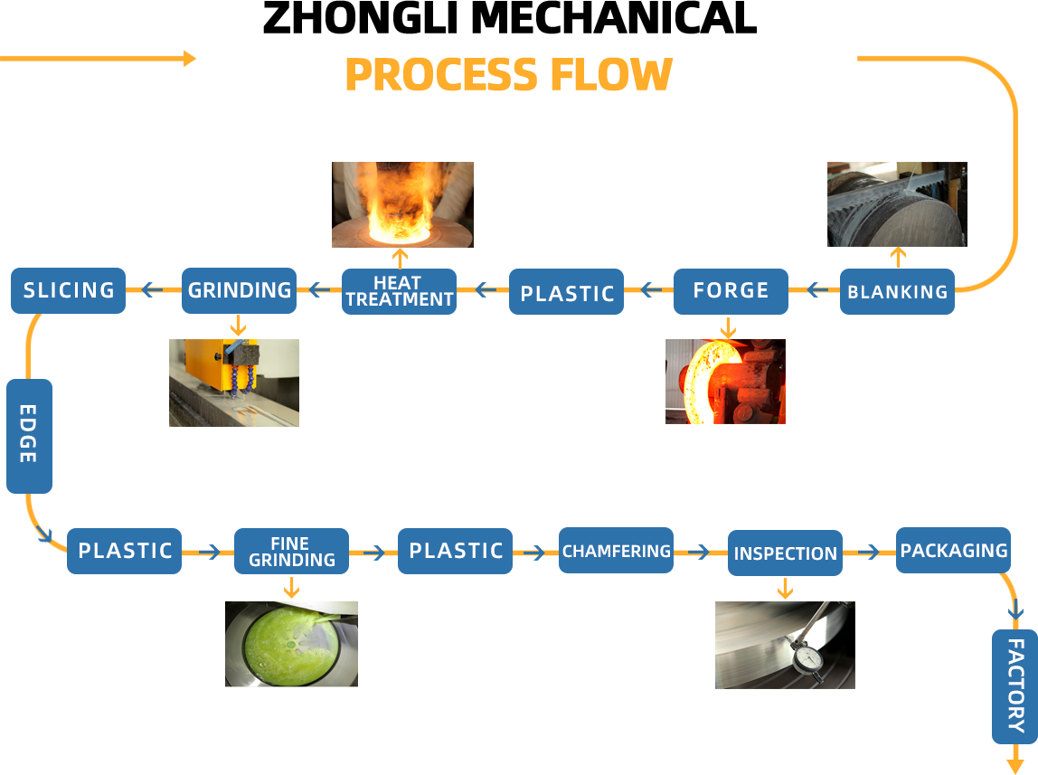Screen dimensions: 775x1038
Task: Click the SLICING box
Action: pyautogui.click(x=68, y=290)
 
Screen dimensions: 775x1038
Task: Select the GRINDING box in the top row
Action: pyautogui.click(x=239, y=290)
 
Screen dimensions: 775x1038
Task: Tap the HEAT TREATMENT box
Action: pyautogui.click(x=399, y=290)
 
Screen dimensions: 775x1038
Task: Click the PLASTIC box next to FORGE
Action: pyautogui.click(x=566, y=291)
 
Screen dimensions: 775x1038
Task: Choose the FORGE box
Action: pyautogui.click(x=731, y=291)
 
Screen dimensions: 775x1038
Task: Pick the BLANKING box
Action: pyautogui.click(x=897, y=291)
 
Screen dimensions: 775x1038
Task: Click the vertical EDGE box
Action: pyautogui.click(x=30, y=435)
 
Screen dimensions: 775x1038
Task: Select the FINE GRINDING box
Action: pyautogui.click(x=291, y=551)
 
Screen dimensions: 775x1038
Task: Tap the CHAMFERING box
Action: pyautogui.click(x=616, y=551)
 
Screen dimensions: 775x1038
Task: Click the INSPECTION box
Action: pyautogui.click(x=785, y=553)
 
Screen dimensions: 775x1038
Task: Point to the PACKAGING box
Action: pyautogui.click(x=953, y=550)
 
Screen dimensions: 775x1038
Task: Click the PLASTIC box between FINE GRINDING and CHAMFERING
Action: pyautogui.click(x=455, y=551)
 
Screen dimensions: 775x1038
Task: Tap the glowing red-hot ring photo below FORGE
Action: pyautogui.click(x=725, y=382)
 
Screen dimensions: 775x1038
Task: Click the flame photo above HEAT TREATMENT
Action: pyautogui.click(x=402, y=204)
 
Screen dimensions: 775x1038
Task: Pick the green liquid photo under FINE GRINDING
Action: pyautogui.click(x=291, y=644)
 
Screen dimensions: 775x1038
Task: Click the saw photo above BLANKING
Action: pyautogui.click(x=897, y=204)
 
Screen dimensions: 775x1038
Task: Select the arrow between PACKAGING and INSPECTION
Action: pyautogui.click(x=869, y=552)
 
